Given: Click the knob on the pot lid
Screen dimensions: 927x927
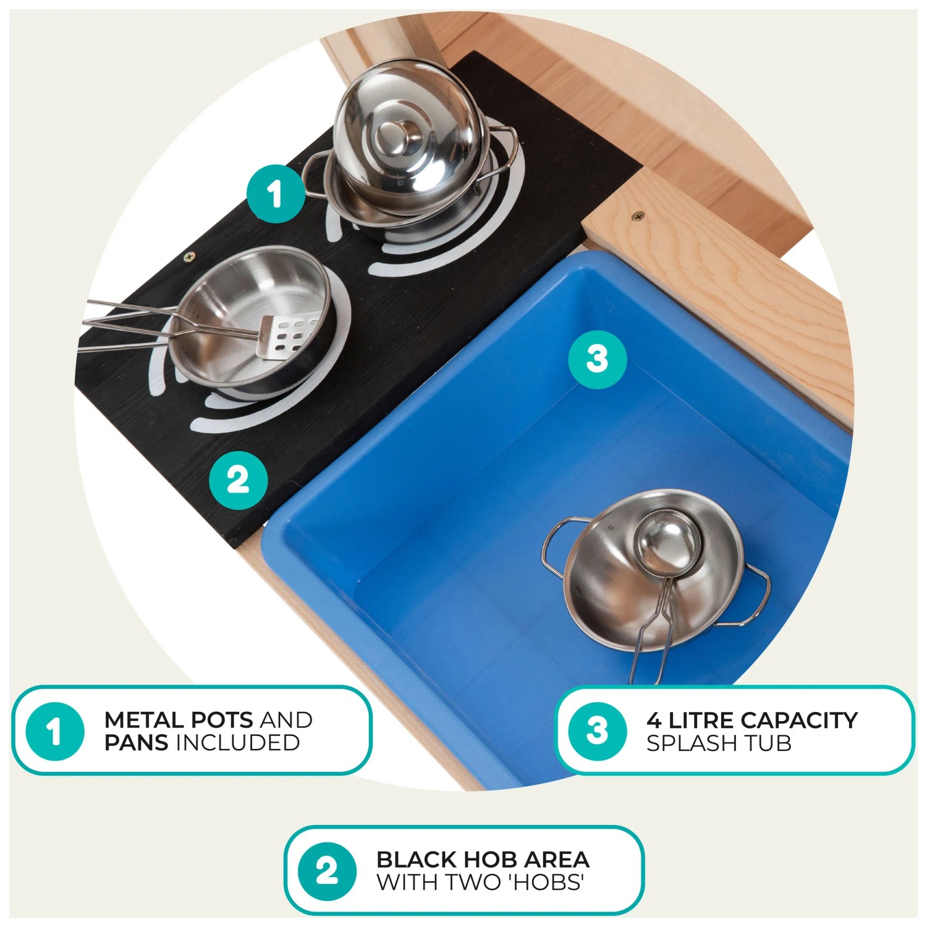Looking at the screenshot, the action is pyautogui.click(x=389, y=137).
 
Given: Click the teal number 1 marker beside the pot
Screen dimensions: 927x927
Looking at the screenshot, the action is pyautogui.click(x=276, y=193).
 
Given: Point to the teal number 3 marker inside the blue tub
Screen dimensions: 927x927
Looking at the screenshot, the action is pyautogui.click(x=598, y=359).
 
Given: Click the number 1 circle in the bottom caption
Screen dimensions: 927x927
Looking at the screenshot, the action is pyautogui.click(x=55, y=731).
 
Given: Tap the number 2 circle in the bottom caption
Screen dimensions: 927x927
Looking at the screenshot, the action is pyautogui.click(x=327, y=871).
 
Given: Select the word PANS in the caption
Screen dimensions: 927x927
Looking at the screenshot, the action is pyautogui.click(x=136, y=743).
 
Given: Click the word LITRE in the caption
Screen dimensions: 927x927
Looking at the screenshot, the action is pyautogui.click(x=702, y=720).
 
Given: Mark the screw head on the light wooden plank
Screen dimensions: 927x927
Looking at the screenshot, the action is pyautogui.click(x=637, y=216).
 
